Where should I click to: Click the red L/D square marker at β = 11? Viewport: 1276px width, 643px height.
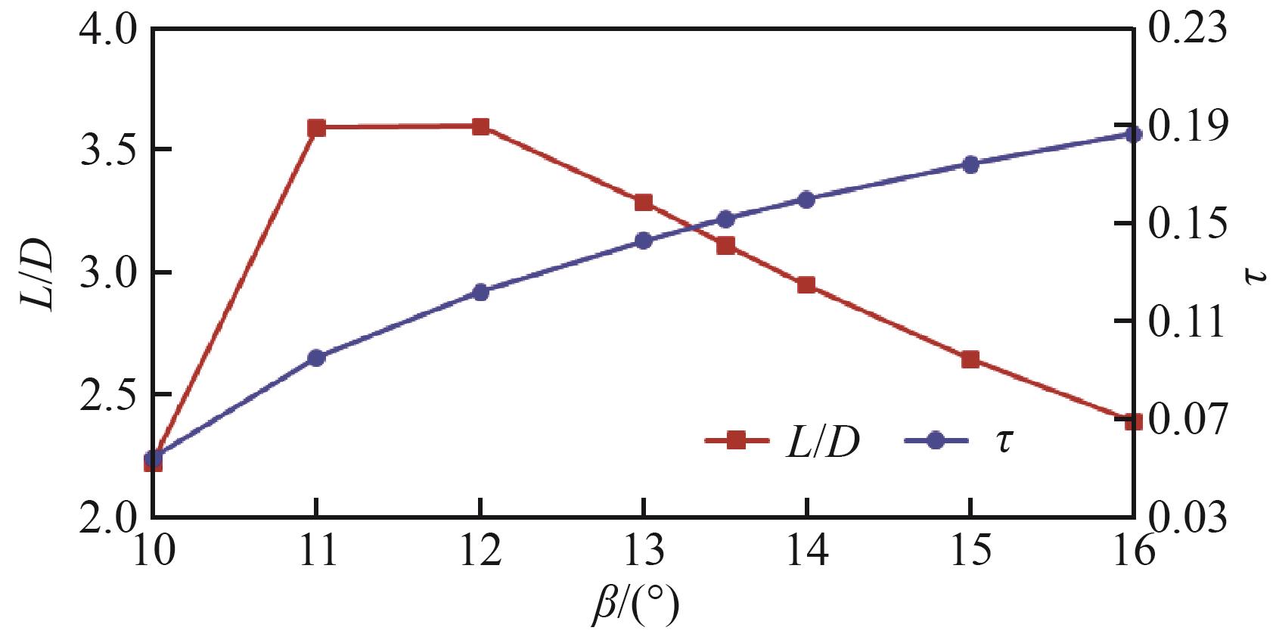316,128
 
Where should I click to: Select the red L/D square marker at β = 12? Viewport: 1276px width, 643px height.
480,126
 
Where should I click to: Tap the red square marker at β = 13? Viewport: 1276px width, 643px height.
644,202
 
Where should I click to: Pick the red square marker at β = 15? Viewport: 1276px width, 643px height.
970,359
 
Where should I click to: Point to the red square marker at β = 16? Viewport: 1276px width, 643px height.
1133,421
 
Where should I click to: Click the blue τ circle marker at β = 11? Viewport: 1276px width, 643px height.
316,358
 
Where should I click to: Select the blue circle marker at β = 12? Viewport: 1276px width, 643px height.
480,292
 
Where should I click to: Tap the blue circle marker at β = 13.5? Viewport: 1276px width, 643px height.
725,219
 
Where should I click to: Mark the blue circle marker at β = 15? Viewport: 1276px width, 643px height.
970,164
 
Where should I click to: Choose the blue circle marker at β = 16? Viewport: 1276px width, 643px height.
1133,135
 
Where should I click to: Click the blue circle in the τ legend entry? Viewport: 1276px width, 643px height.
936,440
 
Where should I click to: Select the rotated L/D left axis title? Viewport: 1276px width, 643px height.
36,273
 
